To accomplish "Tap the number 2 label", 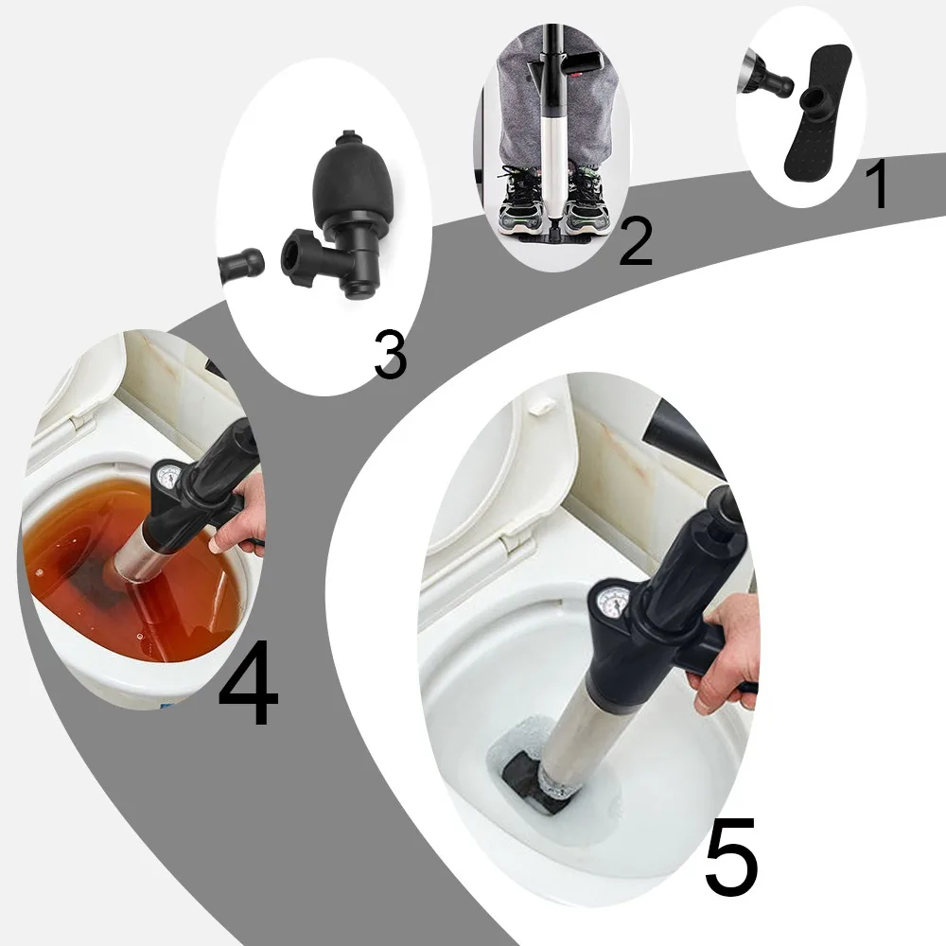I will pos(635,241).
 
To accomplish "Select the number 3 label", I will pos(390,357).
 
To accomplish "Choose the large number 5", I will pos(731,858).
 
